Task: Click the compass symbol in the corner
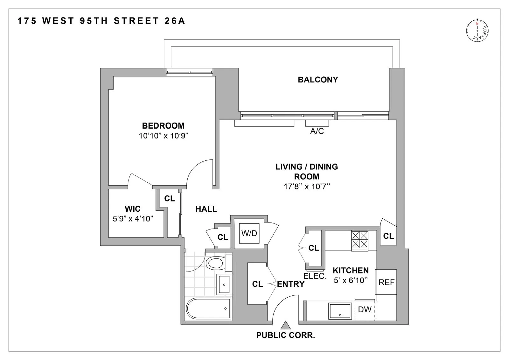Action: [477, 31]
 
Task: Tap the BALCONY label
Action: [317, 80]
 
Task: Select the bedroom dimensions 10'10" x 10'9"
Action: [163, 136]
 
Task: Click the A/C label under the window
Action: [317, 131]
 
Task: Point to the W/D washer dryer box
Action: [249, 233]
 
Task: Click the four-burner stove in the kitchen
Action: [359, 240]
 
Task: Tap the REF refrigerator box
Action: [386, 282]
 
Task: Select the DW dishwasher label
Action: [365, 309]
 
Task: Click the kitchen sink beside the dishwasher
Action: [340, 310]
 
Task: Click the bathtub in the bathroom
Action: [208, 308]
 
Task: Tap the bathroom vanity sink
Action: [224, 284]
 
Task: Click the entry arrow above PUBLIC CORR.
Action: [286, 325]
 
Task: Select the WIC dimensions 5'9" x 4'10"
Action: [133, 219]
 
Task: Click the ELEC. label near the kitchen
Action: [315, 276]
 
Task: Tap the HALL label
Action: [206, 209]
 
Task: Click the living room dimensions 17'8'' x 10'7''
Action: [306, 187]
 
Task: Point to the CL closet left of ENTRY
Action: [257, 284]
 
